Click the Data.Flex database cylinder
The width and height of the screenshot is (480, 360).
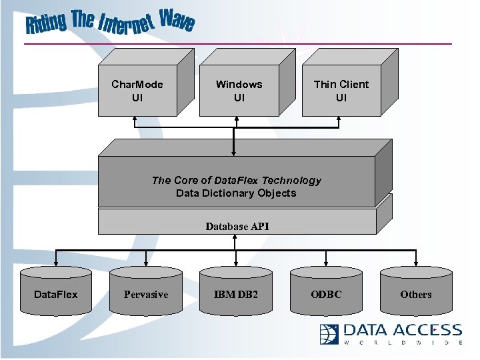click(x=56, y=291)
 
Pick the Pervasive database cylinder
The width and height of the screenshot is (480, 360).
click(x=146, y=291)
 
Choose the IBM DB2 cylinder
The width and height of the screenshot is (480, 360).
click(x=235, y=291)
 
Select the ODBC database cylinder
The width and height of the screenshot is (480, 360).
click(x=325, y=291)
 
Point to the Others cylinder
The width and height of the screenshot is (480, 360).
click(x=415, y=291)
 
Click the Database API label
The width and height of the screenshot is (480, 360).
click(x=237, y=226)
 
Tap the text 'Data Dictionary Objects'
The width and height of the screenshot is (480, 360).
click(x=236, y=193)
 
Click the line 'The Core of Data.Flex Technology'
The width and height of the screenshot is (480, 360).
click(x=236, y=180)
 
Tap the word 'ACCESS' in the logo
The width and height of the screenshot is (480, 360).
click(x=430, y=330)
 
